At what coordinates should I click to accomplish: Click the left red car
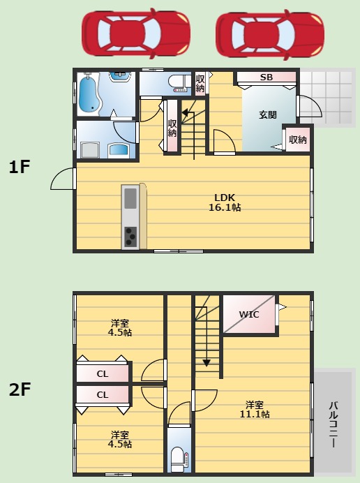(136, 34)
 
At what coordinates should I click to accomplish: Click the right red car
(270, 34)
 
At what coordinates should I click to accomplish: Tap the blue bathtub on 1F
(89, 94)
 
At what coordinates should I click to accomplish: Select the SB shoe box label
(267, 77)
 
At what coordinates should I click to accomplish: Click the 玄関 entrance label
(268, 114)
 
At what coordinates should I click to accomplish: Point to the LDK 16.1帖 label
(225, 202)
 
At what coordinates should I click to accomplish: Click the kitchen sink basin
(130, 198)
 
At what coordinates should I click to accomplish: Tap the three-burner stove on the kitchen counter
(130, 236)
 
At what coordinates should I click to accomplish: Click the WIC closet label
(249, 315)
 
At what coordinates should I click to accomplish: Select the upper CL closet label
(103, 374)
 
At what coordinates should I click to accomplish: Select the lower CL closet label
(103, 395)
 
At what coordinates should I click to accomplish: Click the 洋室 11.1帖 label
(255, 410)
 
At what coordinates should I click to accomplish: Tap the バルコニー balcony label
(333, 424)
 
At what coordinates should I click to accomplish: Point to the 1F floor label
(19, 168)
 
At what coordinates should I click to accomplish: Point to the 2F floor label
(20, 389)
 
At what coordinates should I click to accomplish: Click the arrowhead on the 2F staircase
(207, 363)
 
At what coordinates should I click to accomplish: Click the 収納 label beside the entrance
(298, 140)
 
